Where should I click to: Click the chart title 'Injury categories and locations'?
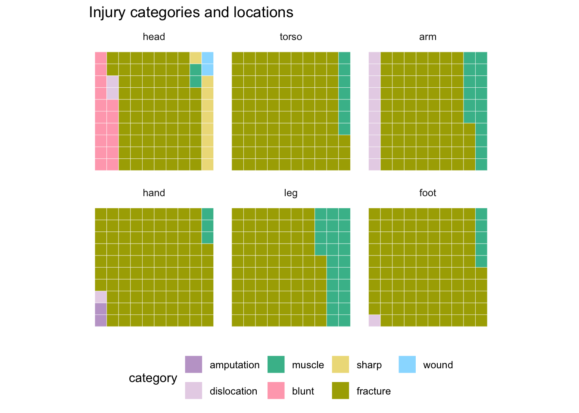click(x=191, y=12)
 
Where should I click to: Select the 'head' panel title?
click(x=154, y=37)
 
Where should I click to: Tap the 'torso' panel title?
click(x=291, y=37)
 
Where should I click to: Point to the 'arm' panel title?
click(x=428, y=37)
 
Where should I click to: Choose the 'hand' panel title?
click(x=154, y=193)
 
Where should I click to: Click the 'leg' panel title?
click(x=291, y=193)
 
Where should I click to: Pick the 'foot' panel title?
click(x=428, y=193)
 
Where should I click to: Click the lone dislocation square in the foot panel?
click(x=375, y=321)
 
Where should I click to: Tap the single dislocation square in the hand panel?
click(x=101, y=297)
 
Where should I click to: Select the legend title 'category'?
click(x=153, y=378)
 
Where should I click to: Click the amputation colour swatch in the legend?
click(x=193, y=364)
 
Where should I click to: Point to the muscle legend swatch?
click(x=276, y=364)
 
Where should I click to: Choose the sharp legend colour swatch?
click(x=340, y=364)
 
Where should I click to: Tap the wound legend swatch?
click(x=407, y=364)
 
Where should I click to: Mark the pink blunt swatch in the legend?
click(x=276, y=391)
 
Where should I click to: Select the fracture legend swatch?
click(x=340, y=391)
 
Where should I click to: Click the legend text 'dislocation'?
click(x=233, y=391)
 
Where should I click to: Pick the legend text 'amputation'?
click(x=234, y=365)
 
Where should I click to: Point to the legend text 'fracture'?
click(x=374, y=391)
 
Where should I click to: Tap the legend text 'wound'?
click(x=438, y=365)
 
